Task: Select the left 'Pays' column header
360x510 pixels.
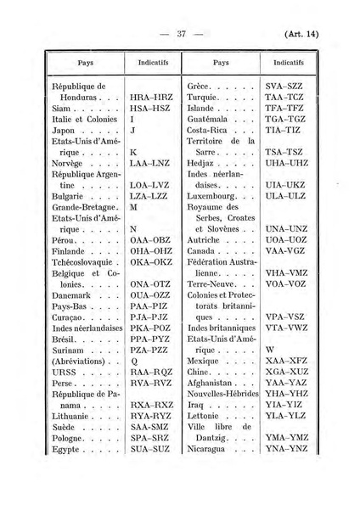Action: click(85, 63)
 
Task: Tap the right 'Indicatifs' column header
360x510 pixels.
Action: click(290, 63)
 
